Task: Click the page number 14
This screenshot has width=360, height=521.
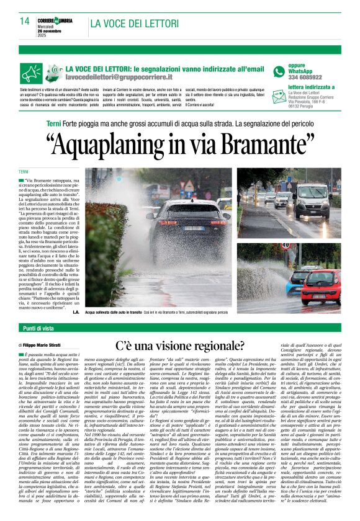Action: pyautogui.click(x=24, y=20)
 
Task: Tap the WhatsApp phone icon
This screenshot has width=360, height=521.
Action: pyautogui.click(x=279, y=71)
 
